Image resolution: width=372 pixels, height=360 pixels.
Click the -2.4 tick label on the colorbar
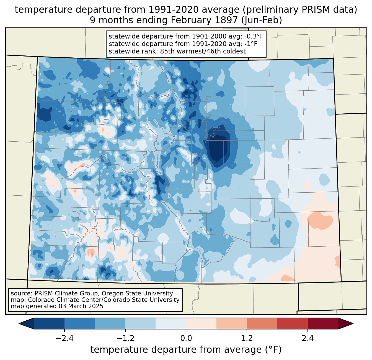pyautogui.click(x=64, y=338)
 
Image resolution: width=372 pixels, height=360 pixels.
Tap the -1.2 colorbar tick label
pyautogui.click(x=125, y=338)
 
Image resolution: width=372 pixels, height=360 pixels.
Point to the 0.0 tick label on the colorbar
pyautogui.click(x=186, y=338)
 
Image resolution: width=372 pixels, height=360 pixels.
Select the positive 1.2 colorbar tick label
pyautogui.click(x=247, y=338)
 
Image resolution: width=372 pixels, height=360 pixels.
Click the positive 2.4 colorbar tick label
pyautogui.click(x=308, y=338)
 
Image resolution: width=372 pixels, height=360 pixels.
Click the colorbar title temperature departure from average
pyautogui.click(x=186, y=350)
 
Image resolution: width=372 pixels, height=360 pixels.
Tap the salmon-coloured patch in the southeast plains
pyautogui.click(x=320, y=220)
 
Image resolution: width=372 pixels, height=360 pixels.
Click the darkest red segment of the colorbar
pyautogui.click(x=323, y=323)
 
